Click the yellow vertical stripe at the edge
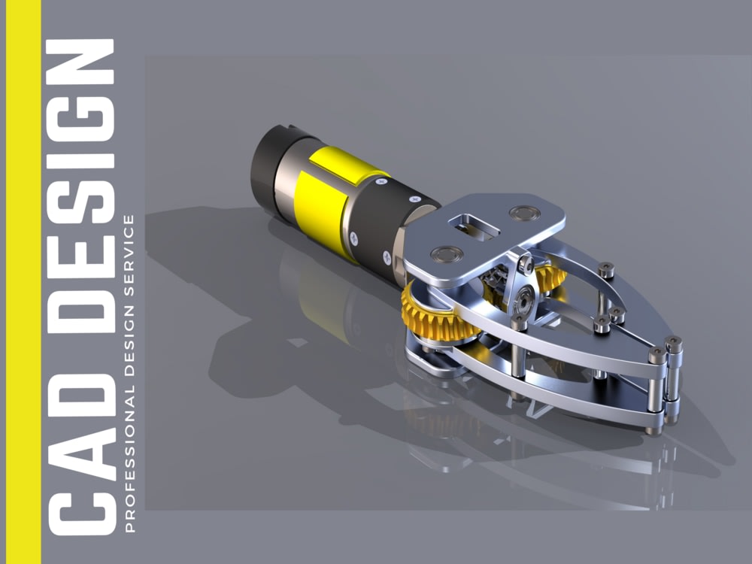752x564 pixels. tap(20, 282)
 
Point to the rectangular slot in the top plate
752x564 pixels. tap(470, 226)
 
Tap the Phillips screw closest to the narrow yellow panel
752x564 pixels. tap(413, 198)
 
